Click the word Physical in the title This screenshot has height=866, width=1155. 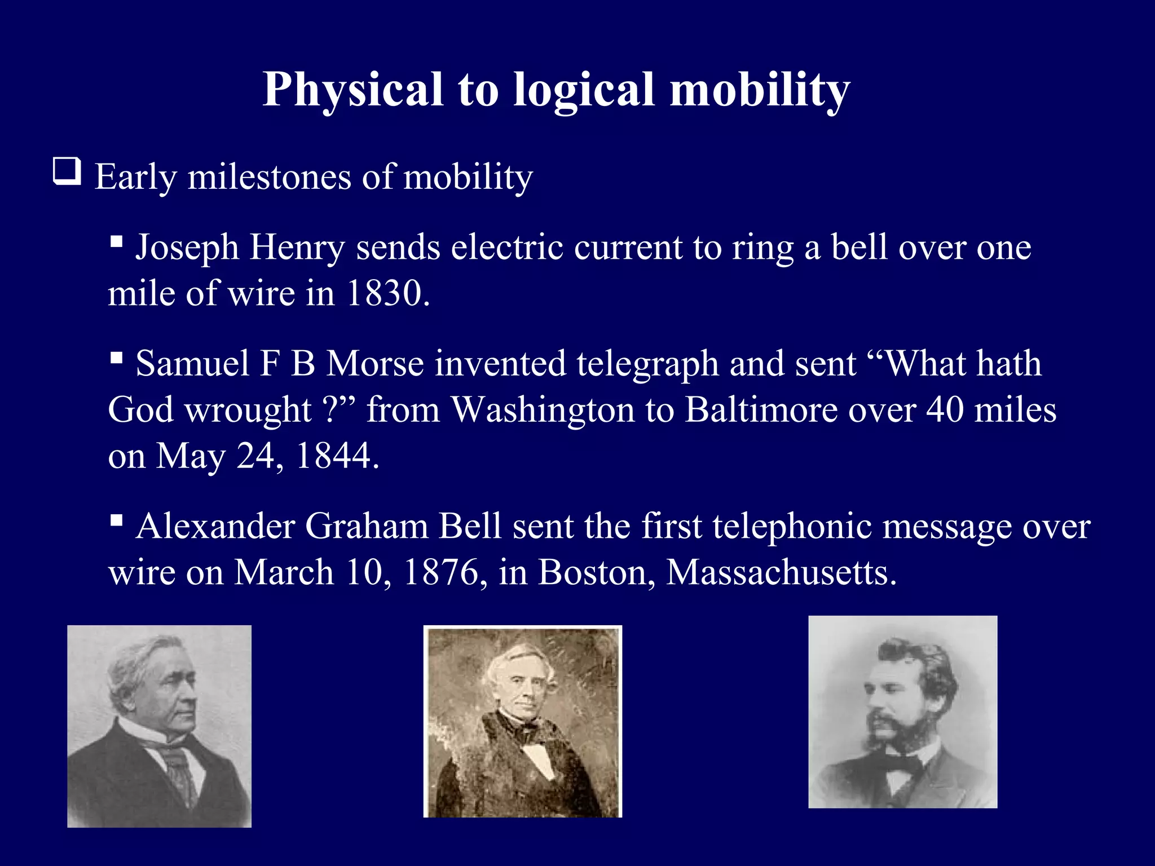click(352, 90)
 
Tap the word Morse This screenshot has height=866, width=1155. click(375, 364)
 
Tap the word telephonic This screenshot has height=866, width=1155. click(792, 527)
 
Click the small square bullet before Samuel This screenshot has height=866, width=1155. click(117, 358)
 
